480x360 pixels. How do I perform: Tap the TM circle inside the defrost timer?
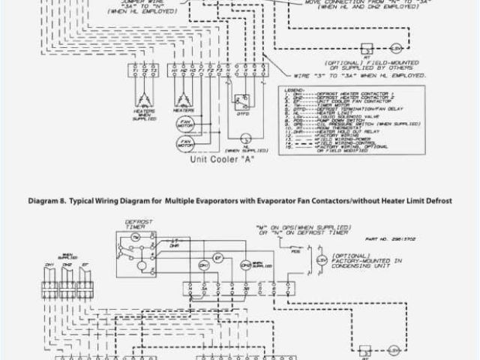coord(135,238)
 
